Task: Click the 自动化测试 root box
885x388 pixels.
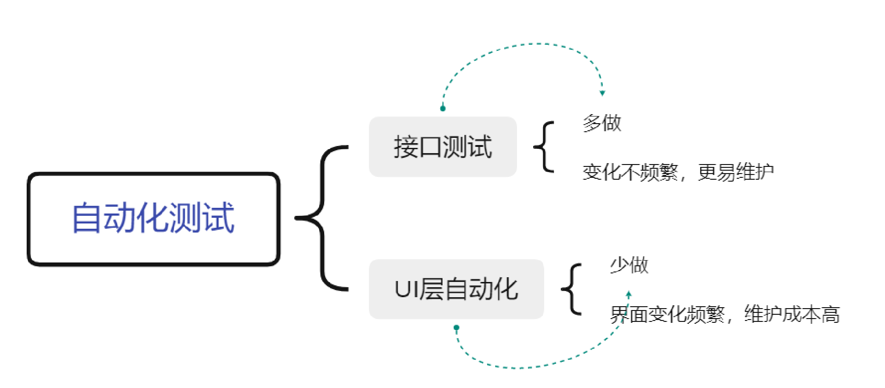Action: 153,219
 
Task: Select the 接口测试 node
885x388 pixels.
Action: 443,146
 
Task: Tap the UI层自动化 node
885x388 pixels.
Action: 456,289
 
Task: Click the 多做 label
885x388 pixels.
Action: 602,123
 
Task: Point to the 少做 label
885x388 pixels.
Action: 629,265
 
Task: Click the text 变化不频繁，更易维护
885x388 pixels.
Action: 678,172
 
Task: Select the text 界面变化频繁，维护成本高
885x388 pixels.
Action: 725,314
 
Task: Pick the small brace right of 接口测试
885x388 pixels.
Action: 544,146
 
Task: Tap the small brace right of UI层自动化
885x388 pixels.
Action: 572,289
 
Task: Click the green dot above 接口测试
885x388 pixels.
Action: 443,108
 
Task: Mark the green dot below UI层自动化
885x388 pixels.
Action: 456,328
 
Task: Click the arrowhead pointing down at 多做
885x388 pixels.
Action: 602,93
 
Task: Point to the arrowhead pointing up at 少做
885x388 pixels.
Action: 628,294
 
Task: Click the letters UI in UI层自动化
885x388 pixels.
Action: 406,289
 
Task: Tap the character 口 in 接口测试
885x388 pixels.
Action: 430,146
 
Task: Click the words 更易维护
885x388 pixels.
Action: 736,172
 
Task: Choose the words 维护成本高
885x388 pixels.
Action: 792,314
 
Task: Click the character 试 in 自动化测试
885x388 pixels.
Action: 219,218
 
